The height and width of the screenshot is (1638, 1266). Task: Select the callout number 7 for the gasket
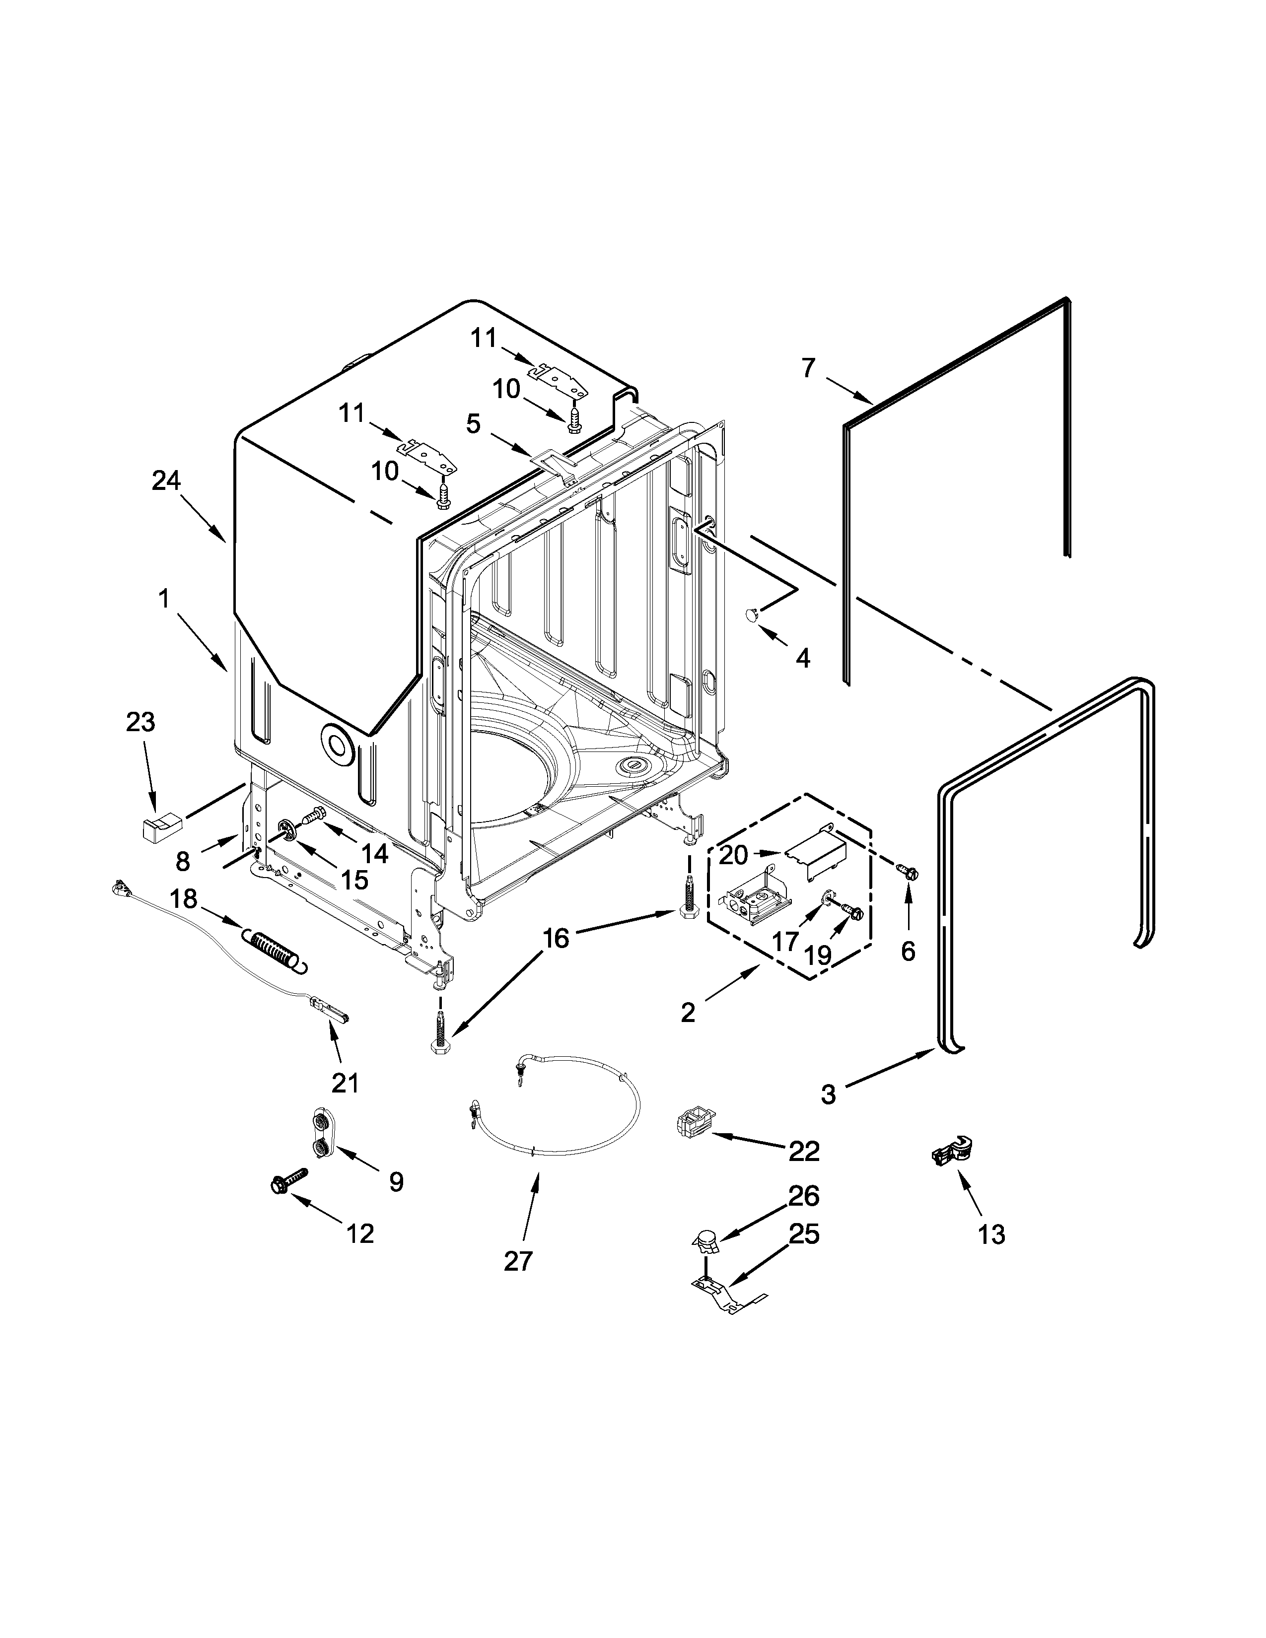point(808,368)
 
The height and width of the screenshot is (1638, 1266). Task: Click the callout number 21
point(345,1082)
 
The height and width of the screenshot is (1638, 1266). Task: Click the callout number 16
point(556,938)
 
